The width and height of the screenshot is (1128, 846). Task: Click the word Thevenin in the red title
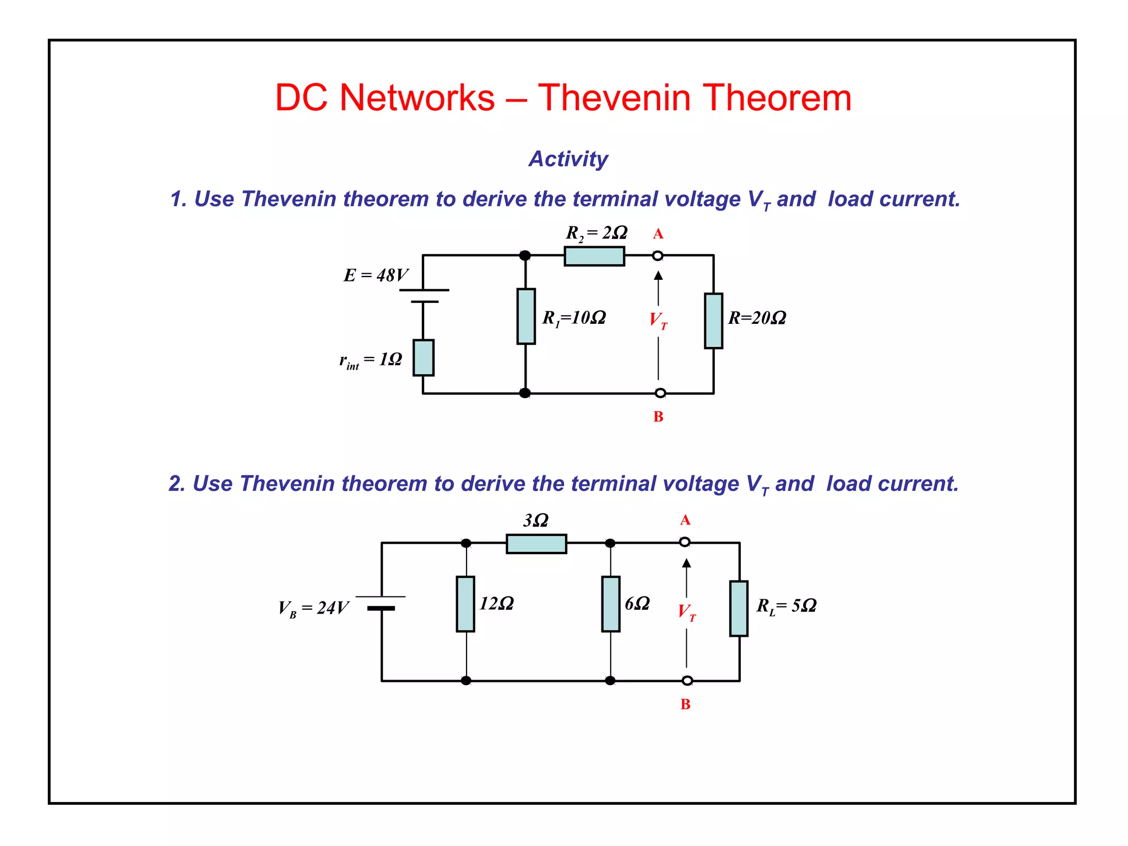pyautogui.click(x=614, y=97)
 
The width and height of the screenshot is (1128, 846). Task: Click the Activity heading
pyautogui.click(x=568, y=159)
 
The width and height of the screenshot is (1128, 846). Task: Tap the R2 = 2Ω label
pyautogui.click(x=596, y=233)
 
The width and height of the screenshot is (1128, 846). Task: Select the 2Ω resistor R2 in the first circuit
pyautogui.click(x=594, y=256)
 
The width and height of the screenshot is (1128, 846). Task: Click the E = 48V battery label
pyautogui.click(x=376, y=275)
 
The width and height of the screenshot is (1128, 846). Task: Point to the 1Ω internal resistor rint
pyautogui.click(x=424, y=358)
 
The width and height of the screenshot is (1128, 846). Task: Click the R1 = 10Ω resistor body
pyautogui.click(x=526, y=316)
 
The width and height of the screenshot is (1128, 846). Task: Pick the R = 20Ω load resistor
pyautogui.click(x=713, y=321)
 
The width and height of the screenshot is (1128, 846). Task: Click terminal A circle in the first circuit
pyautogui.click(x=658, y=256)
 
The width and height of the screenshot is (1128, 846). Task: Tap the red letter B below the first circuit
pyautogui.click(x=658, y=417)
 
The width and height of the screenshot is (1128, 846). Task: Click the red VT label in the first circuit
pyautogui.click(x=658, y=319)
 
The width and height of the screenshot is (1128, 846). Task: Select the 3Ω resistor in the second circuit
pyautogui.click(x=536, y=544)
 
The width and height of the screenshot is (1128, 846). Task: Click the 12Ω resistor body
pyautogui.click(x=465, y=604)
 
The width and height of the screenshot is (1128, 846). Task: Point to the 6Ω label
pyautogui.click(x=637, y=604)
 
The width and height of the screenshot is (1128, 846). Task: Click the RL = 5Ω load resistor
pyautogui.click(x=739, y=608)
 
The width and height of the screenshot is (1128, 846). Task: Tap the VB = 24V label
pyautogui.click(x=313, y=608)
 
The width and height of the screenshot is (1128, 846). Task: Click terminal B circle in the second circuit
pyautogui.click(x=687, y=681)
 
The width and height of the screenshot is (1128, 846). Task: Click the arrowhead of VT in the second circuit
pyautogui.click(x=686, y=563)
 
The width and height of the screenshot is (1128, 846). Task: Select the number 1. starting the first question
pyautogui.click(x=178, y=199)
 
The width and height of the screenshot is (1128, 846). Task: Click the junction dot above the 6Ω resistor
pyautogui.click(x=610, y=543)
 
